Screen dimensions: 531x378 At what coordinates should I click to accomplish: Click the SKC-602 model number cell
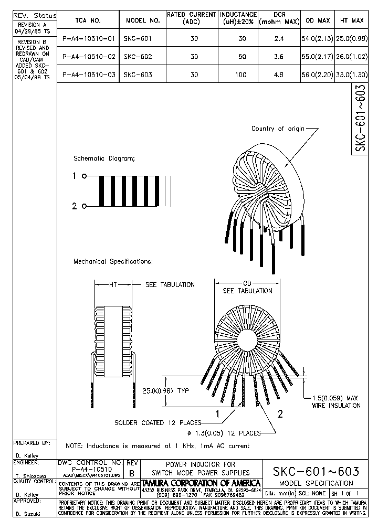(x=138, y=57)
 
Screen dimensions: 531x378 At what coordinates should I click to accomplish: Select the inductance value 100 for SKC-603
(x=240, y=75)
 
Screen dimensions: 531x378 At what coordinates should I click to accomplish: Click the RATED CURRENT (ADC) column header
(x=191, y=18)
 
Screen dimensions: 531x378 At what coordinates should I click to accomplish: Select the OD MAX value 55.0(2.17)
(x=317, y=57)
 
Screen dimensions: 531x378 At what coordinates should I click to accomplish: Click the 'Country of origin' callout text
(x=278, y=129)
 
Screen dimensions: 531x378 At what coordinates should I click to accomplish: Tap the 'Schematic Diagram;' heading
(x=104, y=158)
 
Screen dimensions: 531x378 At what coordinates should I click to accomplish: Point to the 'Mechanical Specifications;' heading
(x=113, y=261)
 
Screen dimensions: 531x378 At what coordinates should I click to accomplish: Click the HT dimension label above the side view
(x=113, y=285)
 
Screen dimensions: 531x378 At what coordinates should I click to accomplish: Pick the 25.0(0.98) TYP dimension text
(x=165, y=391)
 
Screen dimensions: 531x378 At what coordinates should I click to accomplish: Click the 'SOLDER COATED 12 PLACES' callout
(x=157, y=423)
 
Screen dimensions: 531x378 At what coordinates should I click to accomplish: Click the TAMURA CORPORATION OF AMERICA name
(x=202, y=483)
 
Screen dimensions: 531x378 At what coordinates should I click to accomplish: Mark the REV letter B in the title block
(x=132, y=473)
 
